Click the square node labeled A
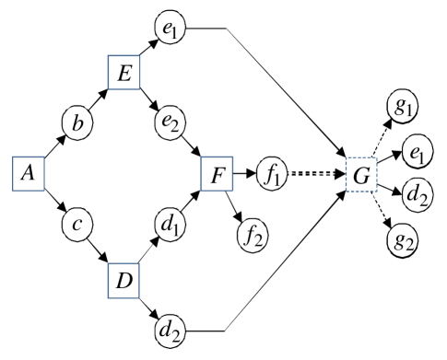[x=29, y=172]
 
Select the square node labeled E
[x=124, y=73]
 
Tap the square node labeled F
[x=217, y=172]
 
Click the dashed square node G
[x=360, y=172]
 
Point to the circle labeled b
[x=76, y=122]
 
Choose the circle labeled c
[x=76, y=223]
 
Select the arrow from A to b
[x=53, y=147]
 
